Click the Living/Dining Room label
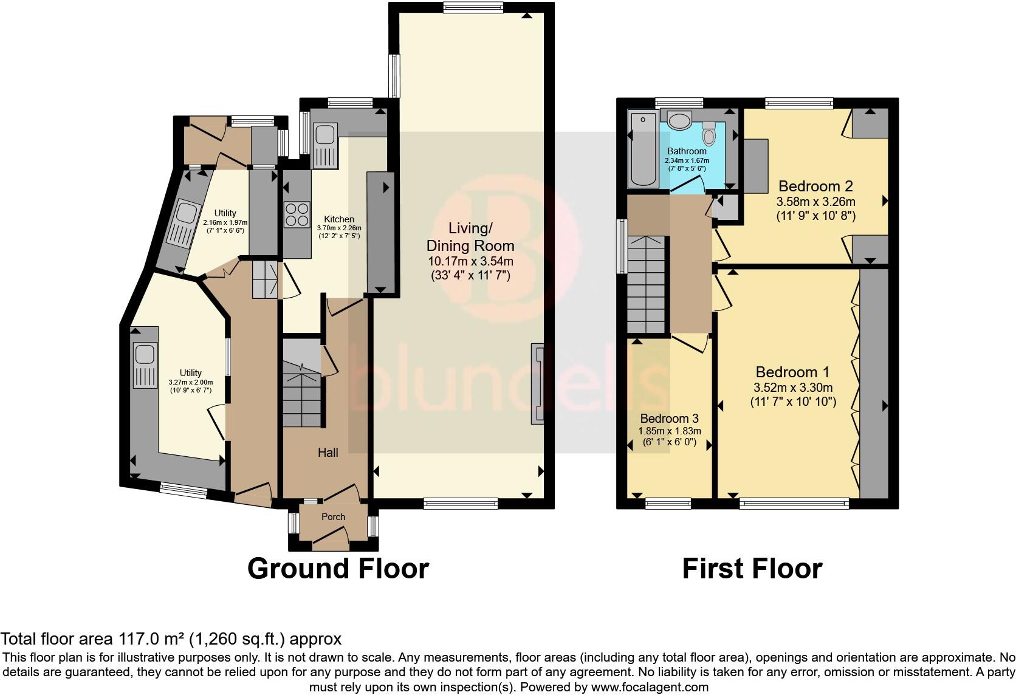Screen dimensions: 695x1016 [x=470, y=237]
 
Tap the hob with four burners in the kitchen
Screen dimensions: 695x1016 [x=296, y=214]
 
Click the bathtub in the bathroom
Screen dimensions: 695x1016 [x=640, y=150]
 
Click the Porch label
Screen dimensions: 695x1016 [x=333, y=517]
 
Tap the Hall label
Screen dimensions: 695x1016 [x=328, y=452]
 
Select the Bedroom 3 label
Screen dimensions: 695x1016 [x=669, y=419]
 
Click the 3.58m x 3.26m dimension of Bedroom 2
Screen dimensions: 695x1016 [x=815, y=202]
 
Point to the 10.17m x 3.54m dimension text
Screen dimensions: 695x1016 [x=470, y=262]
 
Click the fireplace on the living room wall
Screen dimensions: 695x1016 [x=537, y=383]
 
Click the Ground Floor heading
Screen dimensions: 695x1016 [x=338, y=569]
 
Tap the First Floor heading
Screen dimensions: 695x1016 [x=752, y=569]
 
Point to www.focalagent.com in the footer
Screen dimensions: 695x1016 [x=650, y=688]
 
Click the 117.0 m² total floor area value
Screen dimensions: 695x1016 [x=149, y=639]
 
